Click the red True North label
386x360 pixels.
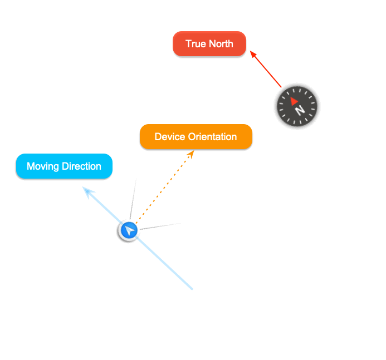tap(209, 44)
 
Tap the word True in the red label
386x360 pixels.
tap(196, 44)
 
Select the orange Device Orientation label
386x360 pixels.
tap(196, 137)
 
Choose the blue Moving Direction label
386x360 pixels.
tap(64, 166)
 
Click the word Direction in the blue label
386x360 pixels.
tap(81, 166)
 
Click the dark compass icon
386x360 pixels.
tap(297, 106)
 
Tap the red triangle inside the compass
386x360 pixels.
tap(294, 101)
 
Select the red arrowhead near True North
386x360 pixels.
tap(253, 54)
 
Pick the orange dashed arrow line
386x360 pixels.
tap(164, 189)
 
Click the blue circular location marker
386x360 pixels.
tap(129, 230)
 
